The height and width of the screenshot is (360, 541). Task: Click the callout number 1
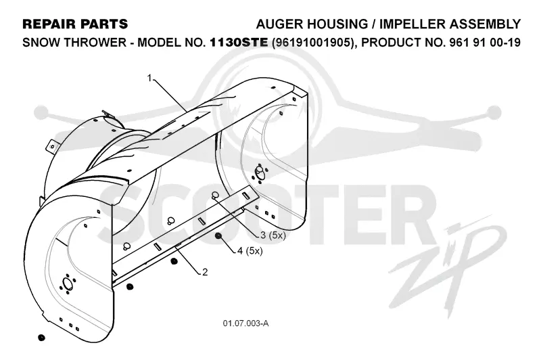click(x=149, y=78)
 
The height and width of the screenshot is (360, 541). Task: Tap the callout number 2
click(x=205, y=272)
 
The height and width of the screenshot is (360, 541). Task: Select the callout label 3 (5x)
click(x=273, y=235)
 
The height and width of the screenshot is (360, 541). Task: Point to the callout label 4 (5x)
click(x=250, y=250)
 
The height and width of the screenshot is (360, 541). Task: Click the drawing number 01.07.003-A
click(x=245, y=323)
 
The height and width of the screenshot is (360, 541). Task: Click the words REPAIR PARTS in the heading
click(x=75, y=24)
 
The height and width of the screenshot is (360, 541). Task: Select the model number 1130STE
click(x=239, y=42)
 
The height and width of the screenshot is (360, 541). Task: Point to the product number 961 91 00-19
click(x=484, y=43)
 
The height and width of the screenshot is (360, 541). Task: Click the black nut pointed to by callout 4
click(x=218, y=236)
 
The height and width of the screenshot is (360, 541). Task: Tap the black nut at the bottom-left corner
click(x=41, y=337)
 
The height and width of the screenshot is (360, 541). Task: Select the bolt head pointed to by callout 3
click(x=214, y=196)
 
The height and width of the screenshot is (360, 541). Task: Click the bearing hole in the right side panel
click(x=259, y=173)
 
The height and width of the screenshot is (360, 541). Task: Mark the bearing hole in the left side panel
click(x=66, y=284)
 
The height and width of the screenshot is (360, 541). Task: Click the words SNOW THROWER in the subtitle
click(x=74, y=43)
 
